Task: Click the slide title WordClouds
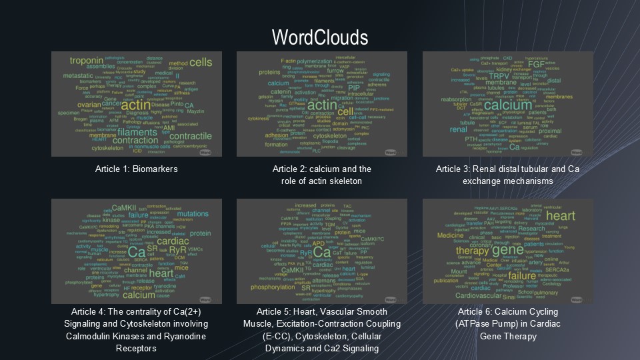tap(319, 35)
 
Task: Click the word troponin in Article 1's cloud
tap(86, 61)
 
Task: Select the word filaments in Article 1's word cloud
tap(137, 131)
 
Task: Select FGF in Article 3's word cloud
tap(537, 65)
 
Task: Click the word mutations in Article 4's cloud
tap(193, 213)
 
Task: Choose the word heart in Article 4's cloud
tap(161, 273)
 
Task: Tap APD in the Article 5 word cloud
tap(319, 243)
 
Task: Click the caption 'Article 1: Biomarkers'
tap(136, 169)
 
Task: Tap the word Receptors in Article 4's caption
tap(136, 348)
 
